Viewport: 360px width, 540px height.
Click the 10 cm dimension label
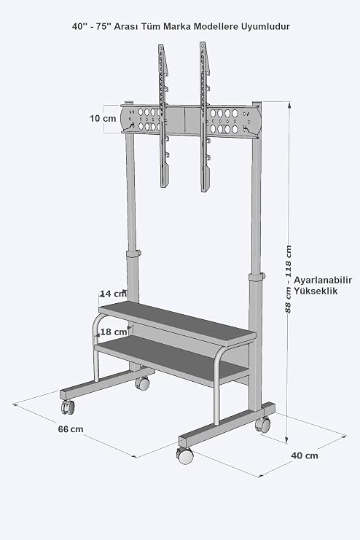[x=103, y=119]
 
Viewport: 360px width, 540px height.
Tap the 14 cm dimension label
[x=114, y=294]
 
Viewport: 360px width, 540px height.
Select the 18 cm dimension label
[x=114, y=332]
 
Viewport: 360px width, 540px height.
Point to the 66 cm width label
[x=71, y=429]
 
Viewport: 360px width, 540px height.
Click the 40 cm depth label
[x=305, y=455]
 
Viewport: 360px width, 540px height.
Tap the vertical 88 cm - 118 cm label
[x=288, y=279]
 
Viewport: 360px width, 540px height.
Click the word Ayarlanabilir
[x=323, y=280]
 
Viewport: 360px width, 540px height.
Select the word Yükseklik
[x=316, y=291]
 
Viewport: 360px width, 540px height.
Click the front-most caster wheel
[x=185, y=455]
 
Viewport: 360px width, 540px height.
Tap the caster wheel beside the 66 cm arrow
[x=68, y=407]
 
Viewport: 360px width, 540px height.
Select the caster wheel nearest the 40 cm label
[x=263, y=424]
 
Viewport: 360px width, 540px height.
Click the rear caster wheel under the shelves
[x=142, y=383]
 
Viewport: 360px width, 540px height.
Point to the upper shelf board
[x=177, y=323]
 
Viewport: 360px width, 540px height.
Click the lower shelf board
[x=172, y=360]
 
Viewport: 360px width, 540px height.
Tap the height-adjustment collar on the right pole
[x=257, y=277]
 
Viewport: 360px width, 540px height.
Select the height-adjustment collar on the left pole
[x=133, y=254]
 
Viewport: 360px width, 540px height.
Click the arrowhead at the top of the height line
[x=289, y=105]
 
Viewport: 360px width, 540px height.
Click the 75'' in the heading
[x=101, y=26]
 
